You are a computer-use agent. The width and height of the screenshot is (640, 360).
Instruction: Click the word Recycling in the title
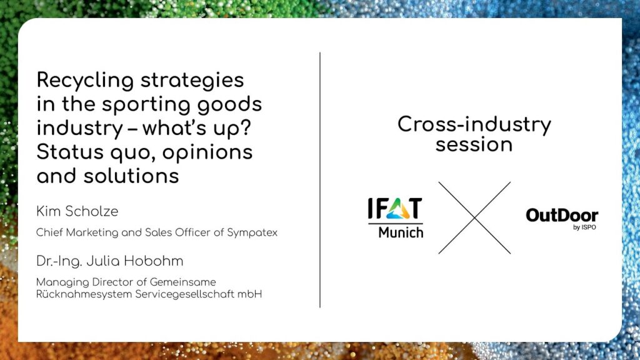point(85,81)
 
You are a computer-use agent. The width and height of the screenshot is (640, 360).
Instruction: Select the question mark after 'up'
point(244,127)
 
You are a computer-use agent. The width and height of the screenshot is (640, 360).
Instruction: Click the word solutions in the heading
point(131,176)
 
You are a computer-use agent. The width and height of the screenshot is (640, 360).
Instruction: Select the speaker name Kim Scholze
point(77,211)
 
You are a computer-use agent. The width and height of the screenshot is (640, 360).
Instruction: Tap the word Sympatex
point(252,232)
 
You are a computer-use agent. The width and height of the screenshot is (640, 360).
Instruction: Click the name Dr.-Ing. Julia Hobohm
point(110,261)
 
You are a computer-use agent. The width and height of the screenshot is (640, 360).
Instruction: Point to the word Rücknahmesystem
point(84,294)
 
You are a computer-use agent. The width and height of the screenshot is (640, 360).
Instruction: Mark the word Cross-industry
point(474,124)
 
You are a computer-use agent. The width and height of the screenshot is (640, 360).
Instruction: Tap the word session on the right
point(474,145)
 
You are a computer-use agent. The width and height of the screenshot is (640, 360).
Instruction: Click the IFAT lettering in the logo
point(395,209)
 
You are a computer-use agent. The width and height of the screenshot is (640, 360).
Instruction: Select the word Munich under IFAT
point(401,232)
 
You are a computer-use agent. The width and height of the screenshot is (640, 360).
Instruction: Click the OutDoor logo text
point(562,215)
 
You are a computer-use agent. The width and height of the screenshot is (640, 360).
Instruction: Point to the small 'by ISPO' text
point(584,227)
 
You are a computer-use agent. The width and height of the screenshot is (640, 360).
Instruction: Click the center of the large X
point(474,218)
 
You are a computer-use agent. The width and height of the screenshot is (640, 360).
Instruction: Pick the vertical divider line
point(320,179)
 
